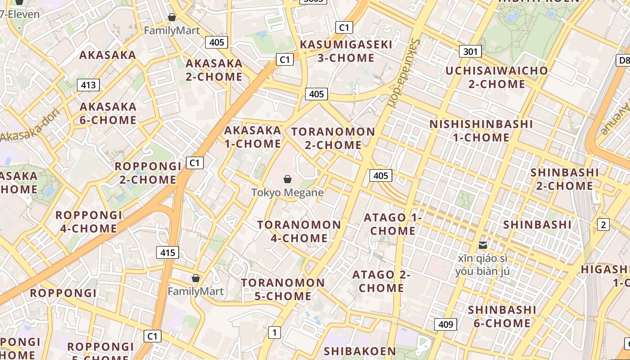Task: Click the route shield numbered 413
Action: click(88, 85)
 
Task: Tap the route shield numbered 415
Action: click(167, 252)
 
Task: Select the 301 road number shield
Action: click(470, 51)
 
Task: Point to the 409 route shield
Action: click(445, 324)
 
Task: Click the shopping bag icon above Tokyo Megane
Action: click(288, 179)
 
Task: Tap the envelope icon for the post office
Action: click(483, 245)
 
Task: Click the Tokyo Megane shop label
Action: click(288, 193)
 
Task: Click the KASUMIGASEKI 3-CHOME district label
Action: click(346, 51)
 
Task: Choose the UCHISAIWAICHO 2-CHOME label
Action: click(497, 77)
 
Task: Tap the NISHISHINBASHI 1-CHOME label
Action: click(481, 130)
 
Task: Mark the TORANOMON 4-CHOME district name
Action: click(299, 231)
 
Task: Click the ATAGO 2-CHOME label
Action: click(381, 281)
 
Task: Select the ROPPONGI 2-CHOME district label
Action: click(148, 173)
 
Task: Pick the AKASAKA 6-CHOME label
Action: click(108, 113)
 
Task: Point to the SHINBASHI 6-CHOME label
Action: click(502, 316)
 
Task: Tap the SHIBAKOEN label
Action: click(360, 351)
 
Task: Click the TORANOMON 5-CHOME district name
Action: click(283, 289)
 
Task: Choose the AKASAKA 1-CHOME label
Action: click(252, 137)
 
